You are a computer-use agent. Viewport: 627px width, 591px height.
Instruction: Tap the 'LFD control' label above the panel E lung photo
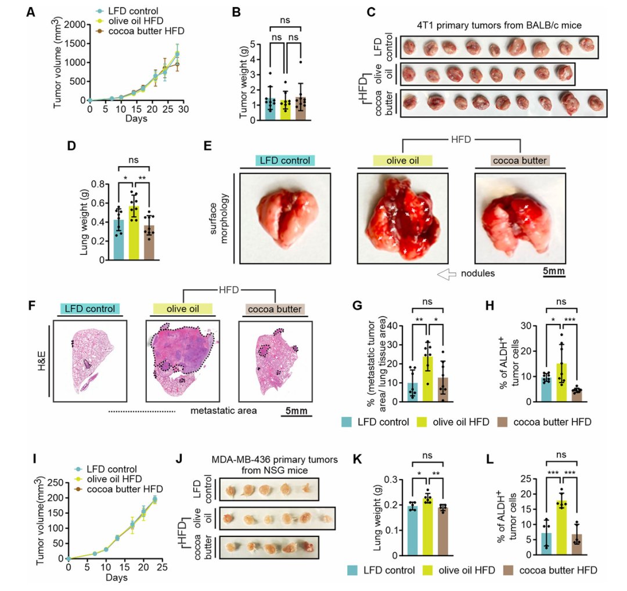[x=280, y=160]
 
